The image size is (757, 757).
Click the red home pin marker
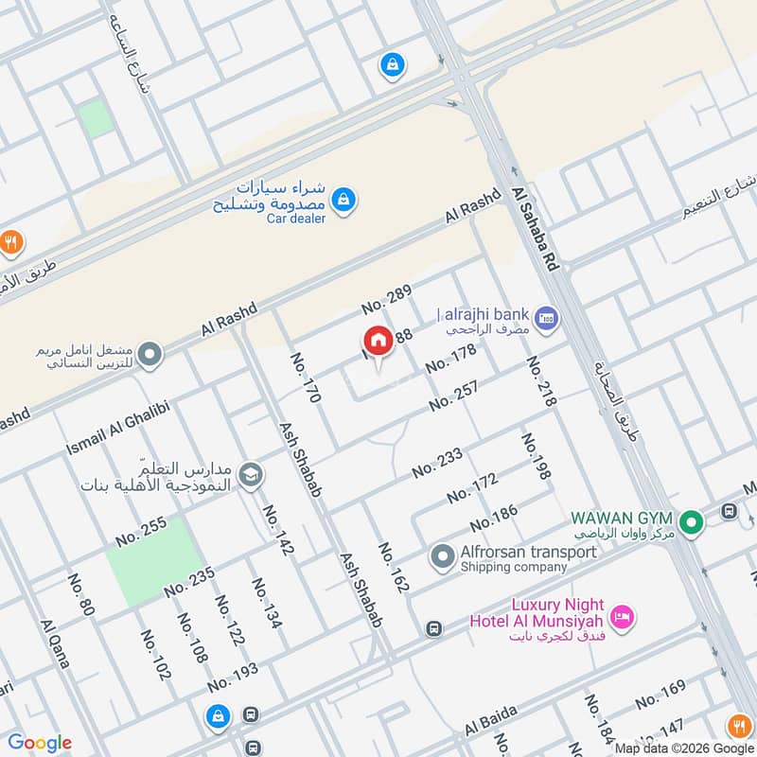coord(378,342)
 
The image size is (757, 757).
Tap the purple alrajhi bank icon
coord(544,318)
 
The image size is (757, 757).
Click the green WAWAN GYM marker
coord(692,521)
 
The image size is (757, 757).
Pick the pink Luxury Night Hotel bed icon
coord(623,617)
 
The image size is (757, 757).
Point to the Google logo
coord(40,743)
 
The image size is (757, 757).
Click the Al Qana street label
coord(55,644)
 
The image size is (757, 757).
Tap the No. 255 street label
coord(141,531)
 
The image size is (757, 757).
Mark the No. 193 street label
coord(233,678)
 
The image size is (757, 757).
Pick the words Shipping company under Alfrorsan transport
coord(513,568)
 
